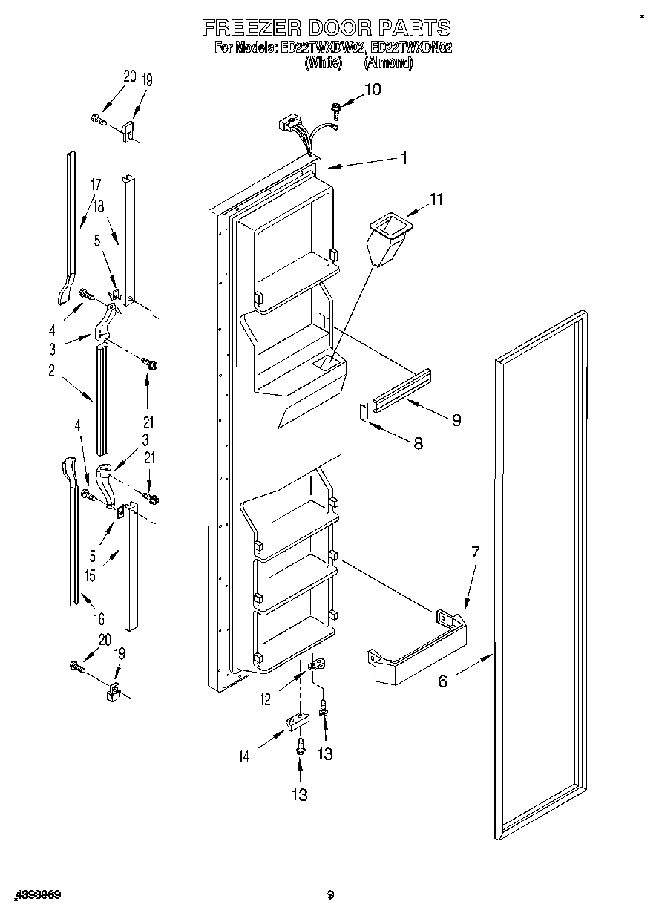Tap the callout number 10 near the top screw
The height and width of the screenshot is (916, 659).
click(x=372, y=90)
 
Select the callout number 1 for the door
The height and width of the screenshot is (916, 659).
click(x=404, y=157)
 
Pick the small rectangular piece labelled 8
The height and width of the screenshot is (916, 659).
click(x=364, y=413)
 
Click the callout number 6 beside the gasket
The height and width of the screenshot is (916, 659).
click(x=442, y=681)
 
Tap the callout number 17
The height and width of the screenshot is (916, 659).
click(x=95, y=184)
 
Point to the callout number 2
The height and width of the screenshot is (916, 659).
click(x=52, y=371)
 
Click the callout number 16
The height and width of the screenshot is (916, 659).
click(x=99, y=619)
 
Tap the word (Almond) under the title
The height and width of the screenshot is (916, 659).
click(x=388, y=63)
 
